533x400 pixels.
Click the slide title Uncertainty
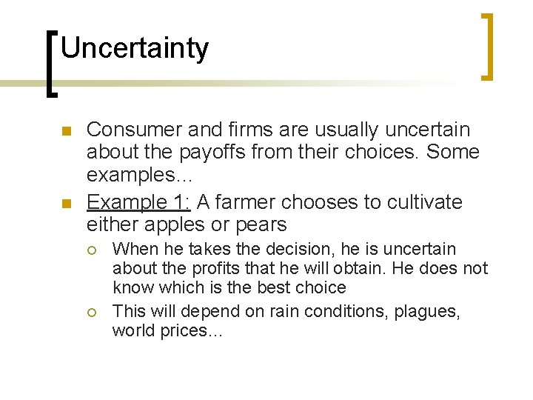[x=135, y=49]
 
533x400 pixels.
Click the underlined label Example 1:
[x=137, y=202]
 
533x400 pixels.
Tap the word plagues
[x=426, y=312]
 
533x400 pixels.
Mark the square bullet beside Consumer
[x=65, y=131]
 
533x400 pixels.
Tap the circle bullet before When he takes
[x=92, y=250]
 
